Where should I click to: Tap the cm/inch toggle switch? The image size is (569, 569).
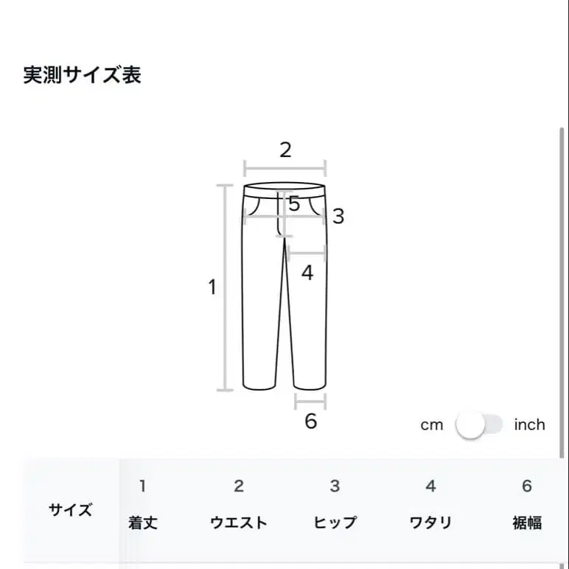click(479, 425)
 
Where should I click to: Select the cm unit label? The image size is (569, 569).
click(432, 425)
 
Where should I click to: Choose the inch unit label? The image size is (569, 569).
click(529, 425)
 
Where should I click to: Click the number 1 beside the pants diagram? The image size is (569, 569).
click(212, 287)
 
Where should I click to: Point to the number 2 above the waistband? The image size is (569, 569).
click(285, 150)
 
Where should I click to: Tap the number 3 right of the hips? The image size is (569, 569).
click(338, 217)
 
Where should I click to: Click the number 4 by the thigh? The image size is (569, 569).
click(307, 273)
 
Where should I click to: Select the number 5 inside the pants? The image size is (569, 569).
click(294, 204)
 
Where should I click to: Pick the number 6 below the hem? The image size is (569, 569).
click(310, 421)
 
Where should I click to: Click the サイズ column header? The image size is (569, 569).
click(71, 509)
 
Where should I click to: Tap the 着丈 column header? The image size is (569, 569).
click(143, 523)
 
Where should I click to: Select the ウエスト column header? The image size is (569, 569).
click(239, 523)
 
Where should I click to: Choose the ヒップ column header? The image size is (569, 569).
click(335, 523)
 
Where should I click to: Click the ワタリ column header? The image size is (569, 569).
click(430, 523)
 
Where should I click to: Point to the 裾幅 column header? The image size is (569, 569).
click(526, 523)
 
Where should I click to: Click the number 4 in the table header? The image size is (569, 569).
click(430, 486)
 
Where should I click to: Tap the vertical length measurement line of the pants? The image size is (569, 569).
click(225, 287)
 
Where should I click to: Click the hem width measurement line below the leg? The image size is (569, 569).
click(310, 402)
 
